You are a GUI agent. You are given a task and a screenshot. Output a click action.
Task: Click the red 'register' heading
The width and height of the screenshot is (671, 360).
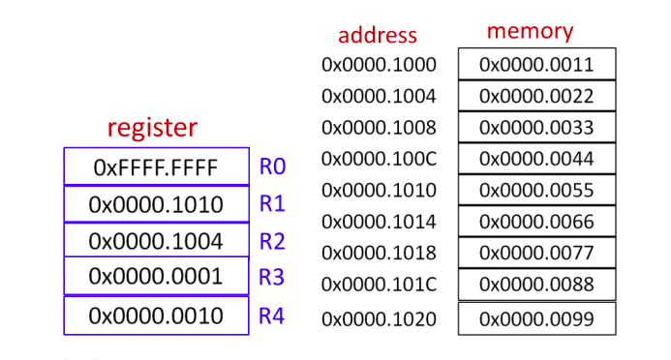pos(152,127)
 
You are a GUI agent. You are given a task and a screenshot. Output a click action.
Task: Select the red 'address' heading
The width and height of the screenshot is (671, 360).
pos(378,36)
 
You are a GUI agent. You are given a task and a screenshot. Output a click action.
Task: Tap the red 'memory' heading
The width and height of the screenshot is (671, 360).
pos(530,31)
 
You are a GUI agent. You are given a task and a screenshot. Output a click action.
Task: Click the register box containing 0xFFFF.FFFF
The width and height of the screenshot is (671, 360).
pos(156,167)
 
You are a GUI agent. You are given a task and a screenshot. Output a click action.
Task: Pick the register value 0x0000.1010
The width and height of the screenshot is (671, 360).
pos(156,204)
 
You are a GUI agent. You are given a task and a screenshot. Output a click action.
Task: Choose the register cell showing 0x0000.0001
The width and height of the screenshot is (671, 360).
pos(156,276)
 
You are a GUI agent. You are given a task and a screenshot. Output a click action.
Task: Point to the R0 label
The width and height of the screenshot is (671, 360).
pos(271,166)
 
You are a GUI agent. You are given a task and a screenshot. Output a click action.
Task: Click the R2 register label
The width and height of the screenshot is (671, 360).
pos(271,240)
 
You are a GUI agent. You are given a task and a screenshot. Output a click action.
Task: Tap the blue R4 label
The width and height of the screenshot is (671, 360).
pos(271,315)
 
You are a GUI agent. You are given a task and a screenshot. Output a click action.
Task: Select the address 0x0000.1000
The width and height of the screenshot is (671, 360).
pos(379,66)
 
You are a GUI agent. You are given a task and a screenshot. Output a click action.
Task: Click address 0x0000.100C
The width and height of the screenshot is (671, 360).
pos(379,158)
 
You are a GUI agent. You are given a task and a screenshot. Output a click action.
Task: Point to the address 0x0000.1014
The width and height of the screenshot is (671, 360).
pos(379,222)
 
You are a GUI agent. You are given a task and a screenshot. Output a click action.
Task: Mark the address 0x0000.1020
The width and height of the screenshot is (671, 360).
pos(379,318)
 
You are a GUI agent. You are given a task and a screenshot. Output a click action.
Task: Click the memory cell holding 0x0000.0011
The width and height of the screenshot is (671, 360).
pos(535,65)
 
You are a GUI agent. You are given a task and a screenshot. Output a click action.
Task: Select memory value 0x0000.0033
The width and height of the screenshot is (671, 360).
pos(535,127)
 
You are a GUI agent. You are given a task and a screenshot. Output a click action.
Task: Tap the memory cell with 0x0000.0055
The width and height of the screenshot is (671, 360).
pos(535,190)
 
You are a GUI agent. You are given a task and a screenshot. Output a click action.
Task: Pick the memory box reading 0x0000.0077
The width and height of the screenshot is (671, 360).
pos(535,254)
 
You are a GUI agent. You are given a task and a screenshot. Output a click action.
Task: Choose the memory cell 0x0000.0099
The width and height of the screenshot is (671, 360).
pos(535,318)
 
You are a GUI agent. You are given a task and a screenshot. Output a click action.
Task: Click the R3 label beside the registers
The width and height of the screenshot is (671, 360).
pos(271,277)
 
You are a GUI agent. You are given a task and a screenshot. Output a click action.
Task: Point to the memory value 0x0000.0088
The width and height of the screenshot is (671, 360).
pos(535,285)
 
